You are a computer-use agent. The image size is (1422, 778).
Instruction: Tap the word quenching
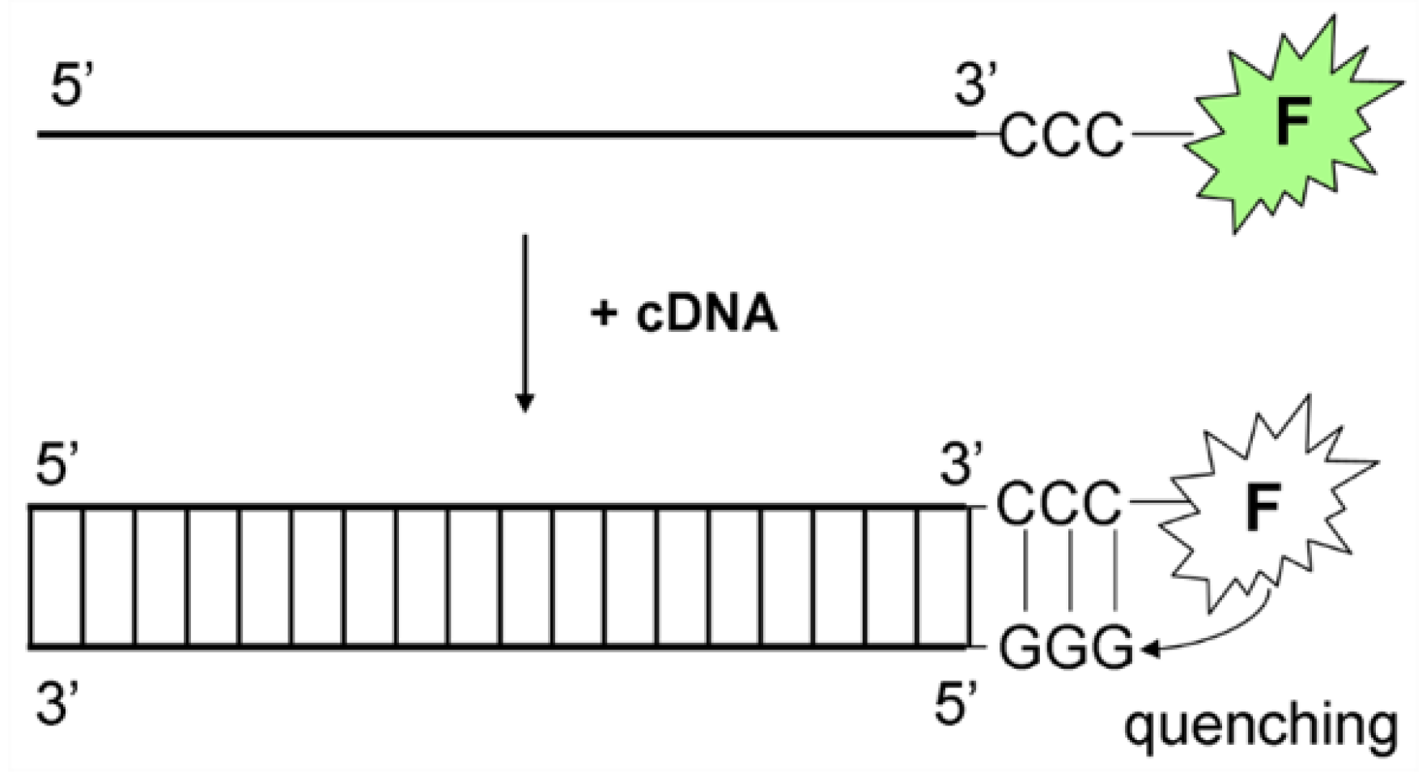pyautogui.click(x=1260, y=726)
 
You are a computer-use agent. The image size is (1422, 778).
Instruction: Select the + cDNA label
pyautogui.click(x=684, y=313)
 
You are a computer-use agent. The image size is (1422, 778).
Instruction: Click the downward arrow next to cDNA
pyautogui.click(x=525, y=324)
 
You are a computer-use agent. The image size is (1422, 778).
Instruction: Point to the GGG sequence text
pyautogui.click(x=1066, y=648)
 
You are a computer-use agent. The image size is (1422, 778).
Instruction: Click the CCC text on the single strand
pyautogui.click(x=1062, y=134)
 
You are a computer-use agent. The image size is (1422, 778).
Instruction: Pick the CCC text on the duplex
pyautogui.click(x=1059, y=504)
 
